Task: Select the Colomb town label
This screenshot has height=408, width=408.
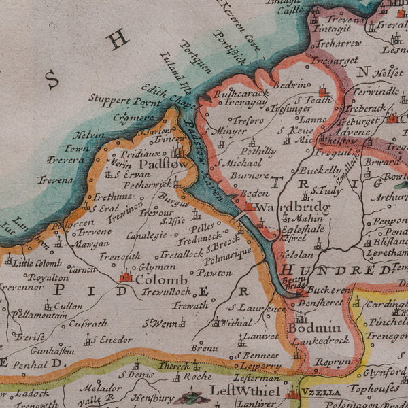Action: pos(161,279)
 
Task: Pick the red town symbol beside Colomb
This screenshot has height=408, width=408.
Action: pos(125,277)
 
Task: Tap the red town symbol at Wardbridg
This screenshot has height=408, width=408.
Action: pos(250,206)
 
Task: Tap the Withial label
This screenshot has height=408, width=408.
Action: pos(237,324)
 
